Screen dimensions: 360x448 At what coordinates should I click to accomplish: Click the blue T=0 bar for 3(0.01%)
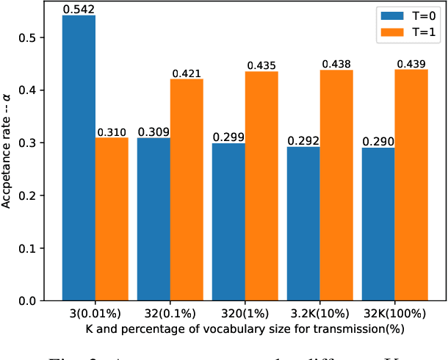[x=79, y=158]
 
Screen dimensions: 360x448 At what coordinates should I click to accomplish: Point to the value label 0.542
[x=79, y=10]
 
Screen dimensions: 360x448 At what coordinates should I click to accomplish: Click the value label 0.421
[x=187, y=73]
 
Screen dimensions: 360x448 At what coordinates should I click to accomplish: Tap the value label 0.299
[x=228, y=137]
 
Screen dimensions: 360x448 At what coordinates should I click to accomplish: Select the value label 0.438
[x=336, y=65]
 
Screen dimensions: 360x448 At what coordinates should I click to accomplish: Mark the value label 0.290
[x=378, y=142]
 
